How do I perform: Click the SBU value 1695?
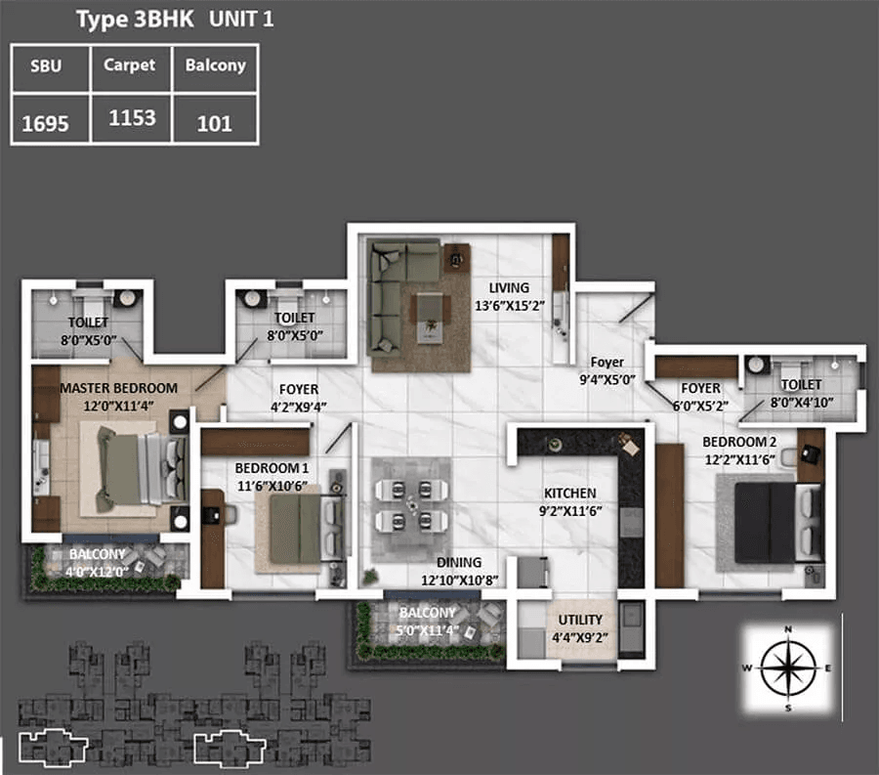tap(45, 123)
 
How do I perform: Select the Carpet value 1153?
tap(132, 117)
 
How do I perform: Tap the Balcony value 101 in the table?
tap(214, 123)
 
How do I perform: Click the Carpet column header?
tap(130, 65)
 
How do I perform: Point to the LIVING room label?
tap(509, 287)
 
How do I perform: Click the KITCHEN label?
tap(570, 493)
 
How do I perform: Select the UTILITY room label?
tap(580, 620)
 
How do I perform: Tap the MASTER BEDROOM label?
tap(119, 388)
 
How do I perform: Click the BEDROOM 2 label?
tap(739, 442)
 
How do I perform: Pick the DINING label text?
tap(459, 563)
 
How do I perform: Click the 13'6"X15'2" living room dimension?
tap(510, 306)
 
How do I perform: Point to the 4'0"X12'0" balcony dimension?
tap(97, 572)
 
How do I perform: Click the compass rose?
tap(788, 667)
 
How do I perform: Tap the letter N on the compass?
tap(788, 629)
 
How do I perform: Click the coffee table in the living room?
tap(431, 317)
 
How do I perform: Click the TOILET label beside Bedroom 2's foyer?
tap(802, 385)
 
